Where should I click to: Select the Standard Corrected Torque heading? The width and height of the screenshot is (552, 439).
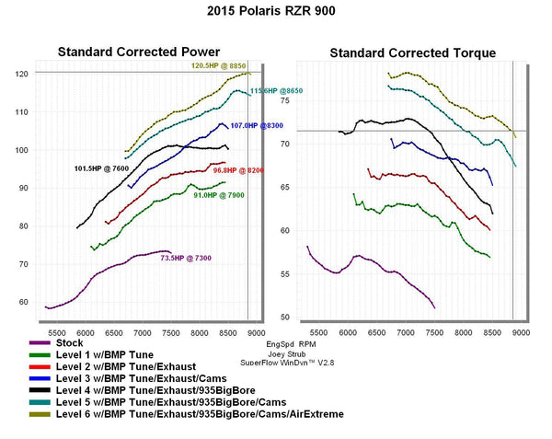point(412,53)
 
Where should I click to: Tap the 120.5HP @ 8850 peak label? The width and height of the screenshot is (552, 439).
point(220,66)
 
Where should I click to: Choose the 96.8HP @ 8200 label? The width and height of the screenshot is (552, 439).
point(238,170)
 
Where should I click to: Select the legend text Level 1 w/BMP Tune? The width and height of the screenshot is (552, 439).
point(104,354)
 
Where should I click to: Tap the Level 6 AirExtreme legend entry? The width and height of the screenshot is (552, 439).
point(199,414)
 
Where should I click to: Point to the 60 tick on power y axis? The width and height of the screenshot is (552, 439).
point(24,302)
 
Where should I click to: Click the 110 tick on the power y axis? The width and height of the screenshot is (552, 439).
point(21,112)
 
